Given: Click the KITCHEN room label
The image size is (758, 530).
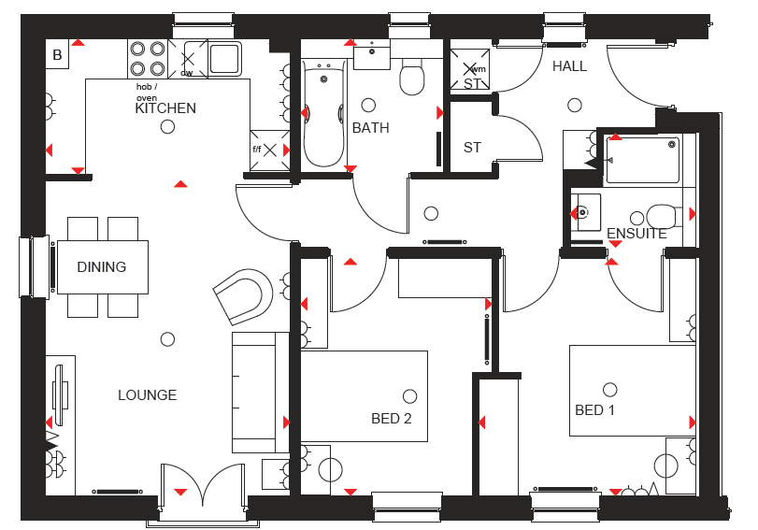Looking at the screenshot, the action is [x=165, y=108].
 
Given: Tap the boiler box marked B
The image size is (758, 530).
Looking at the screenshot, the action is [x=57, y=54].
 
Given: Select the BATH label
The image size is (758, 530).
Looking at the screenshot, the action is [x=370, y=128].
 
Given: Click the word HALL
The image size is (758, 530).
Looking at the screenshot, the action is [x=569, y=66].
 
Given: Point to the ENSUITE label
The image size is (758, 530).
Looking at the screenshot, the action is [x=636, y=234].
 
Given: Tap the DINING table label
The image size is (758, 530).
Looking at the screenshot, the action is [x=102, y=267].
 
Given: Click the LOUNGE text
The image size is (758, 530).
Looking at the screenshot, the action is [x=148, y=395].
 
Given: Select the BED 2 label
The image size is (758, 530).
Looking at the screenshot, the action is [x=391, y=418].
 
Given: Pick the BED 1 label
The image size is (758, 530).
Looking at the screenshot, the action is [x=594, y=410].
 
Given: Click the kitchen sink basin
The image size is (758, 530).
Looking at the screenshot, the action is [x=225, y=59].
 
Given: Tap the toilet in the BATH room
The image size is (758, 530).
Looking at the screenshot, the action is [x=412, y=77].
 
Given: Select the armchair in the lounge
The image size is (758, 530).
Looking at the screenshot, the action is [x=243, y=296].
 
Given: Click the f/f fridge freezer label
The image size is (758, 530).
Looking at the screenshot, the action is [x=257, y=149].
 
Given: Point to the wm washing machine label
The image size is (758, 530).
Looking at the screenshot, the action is [x=479, y=69].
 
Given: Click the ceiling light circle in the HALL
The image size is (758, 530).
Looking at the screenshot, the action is [x=574, y=105].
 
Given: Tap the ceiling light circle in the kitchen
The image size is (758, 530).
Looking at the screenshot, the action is [x=167, y=127].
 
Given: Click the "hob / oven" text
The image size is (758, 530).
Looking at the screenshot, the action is [x=147, y=93].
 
